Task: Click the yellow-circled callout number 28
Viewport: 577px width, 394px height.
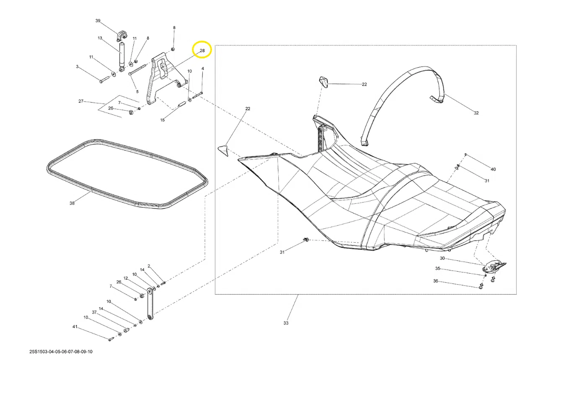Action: click(x=202, y=50)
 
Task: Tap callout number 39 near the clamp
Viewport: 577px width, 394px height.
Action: click(x=98, y=21)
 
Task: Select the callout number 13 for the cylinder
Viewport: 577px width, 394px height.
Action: click(x=100, y=38)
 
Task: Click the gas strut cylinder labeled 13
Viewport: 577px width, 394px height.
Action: click(x=122, y=56)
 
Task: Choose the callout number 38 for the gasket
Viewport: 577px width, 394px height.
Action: click(x=72, y=203)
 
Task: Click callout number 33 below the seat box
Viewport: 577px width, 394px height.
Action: click(x=286, y=323)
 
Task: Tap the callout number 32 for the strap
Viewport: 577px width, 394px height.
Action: click(x=476, y=113)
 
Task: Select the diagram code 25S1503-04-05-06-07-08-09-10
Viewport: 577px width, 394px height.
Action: click(x=61, y=352)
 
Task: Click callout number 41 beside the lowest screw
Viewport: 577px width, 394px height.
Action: click(x=75, y=327)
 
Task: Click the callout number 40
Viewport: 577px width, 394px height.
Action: click(x=493, y=169)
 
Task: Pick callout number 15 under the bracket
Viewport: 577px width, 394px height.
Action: click(x=162, y=120)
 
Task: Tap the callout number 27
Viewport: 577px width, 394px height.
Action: click(x=81, y=101)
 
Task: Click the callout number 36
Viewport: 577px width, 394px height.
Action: click(x=436, y=281)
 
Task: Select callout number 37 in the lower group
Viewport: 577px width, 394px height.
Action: click(x=94, y=312)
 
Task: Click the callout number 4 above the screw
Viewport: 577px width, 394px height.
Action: click(x=203, y=69)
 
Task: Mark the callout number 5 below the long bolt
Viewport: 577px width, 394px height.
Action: click(x=137, y=91)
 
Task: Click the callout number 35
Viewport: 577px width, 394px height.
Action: click(x=437, y=269)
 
